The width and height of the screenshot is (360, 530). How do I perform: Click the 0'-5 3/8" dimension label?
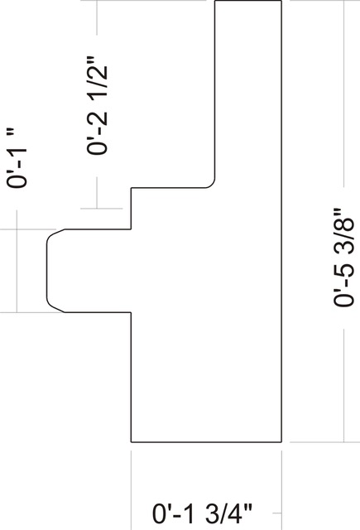point(344,258)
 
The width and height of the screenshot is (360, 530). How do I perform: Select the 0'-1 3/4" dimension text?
point(202,513)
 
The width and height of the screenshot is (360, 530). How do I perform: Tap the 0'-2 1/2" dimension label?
point(98,105)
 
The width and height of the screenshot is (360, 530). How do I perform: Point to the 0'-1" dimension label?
point(17,158)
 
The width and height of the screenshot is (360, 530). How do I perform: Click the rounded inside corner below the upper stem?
point(212,185)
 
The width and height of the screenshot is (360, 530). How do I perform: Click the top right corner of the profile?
point(281,1)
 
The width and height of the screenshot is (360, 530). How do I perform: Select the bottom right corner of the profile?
point(281,441)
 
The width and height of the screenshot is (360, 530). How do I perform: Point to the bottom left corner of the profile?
point(131,441)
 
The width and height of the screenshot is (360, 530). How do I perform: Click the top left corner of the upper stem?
point(215,1)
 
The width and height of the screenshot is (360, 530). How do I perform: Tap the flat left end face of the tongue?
point(47,271)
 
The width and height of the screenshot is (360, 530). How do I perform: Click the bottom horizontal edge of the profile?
point(206,441)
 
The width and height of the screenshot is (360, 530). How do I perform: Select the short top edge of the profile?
point(248,1)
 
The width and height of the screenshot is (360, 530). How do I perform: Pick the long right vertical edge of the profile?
point(281,221)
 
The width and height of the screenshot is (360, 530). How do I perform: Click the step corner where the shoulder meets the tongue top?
point(131,229)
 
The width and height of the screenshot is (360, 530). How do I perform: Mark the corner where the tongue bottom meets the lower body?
point(131,312)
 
